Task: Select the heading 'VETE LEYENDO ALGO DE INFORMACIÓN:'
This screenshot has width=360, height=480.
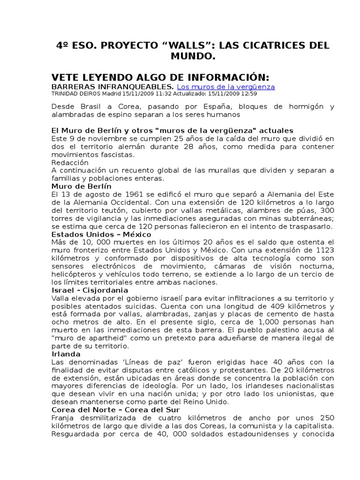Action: (160, 77)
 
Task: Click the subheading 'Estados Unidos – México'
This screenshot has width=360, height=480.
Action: (101, 234)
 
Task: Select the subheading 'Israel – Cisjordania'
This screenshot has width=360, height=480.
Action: (90, 290)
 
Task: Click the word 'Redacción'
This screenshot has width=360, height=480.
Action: (70, 162)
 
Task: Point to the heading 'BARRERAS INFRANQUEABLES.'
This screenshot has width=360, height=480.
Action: (112, 87)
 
